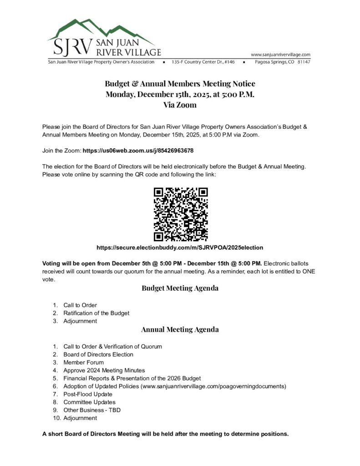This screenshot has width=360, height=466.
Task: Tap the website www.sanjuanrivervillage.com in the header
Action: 280,54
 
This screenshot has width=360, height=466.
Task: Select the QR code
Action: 180,214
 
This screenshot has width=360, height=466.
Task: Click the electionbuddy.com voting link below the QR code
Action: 180,248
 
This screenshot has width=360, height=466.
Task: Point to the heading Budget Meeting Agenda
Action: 180,288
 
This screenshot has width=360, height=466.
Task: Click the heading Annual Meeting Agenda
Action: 180,329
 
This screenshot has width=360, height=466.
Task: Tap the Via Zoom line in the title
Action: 180,105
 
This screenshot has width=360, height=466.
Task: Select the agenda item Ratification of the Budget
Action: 96,313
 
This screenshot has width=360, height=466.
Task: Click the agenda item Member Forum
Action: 83,362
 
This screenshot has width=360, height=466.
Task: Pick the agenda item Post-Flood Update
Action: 88,394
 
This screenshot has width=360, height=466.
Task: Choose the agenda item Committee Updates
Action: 89,402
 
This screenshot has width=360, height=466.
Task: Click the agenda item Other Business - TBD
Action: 92,410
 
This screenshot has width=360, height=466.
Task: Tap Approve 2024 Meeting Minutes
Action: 104,370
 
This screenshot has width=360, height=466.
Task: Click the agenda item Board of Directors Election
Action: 98,355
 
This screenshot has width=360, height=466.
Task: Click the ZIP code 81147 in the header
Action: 304,62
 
